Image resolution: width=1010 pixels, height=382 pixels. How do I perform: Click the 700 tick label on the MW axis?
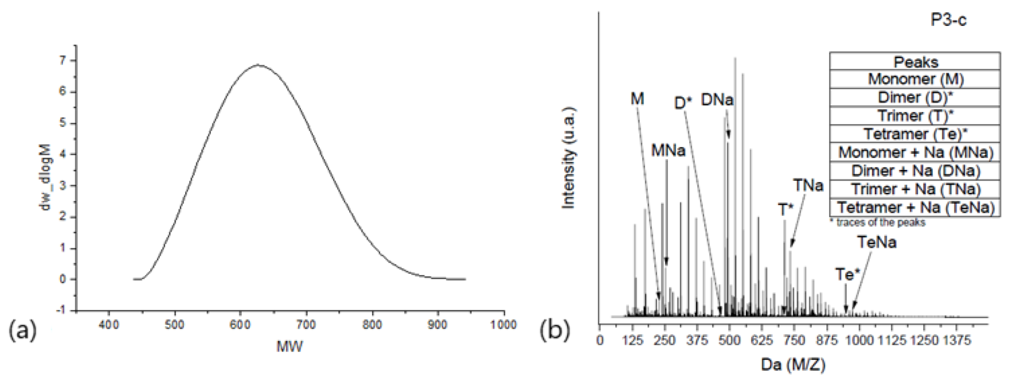(x=306, y=325)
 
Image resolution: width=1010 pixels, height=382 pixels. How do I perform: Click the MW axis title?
(x=290, y=346)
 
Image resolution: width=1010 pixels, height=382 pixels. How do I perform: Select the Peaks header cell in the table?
(x=915, y=62)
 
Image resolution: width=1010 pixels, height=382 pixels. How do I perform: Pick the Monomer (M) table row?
(x=915, y=79)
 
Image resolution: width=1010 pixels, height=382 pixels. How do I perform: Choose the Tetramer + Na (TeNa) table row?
(x=915, y=207)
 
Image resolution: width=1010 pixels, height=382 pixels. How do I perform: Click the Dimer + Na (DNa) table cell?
(x=915, y=171)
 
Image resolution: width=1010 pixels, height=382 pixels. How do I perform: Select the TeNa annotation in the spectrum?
(x=877, y=242)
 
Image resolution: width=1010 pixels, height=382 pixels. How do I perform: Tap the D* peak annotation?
(x=683, y=103)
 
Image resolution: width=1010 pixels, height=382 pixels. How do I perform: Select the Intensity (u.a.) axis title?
(x=569, y=157)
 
